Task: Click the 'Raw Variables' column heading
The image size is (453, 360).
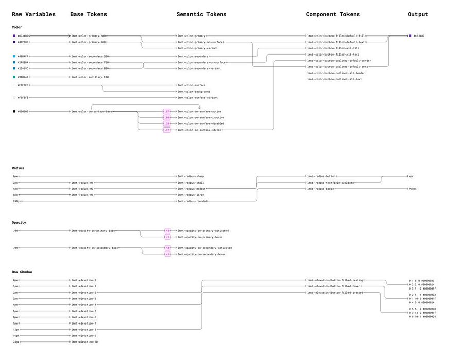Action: point(33,14)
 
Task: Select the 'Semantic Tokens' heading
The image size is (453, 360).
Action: point(201,14)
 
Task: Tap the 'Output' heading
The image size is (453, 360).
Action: point(417,14)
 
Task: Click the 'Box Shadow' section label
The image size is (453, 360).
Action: point(22,272)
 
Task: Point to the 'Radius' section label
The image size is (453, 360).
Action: point(18,168)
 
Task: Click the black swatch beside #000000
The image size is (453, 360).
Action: point(14,111)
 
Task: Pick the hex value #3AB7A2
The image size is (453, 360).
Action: point(23,77)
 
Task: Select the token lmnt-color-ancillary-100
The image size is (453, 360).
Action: point(90,77)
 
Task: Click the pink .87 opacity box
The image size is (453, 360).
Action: point(167,111)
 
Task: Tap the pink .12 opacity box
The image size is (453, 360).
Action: point(167,130)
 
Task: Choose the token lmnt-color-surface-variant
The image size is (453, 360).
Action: point(197,97)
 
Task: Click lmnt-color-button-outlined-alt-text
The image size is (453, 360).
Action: point(335,79)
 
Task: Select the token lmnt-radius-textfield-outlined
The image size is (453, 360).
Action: point(330,183)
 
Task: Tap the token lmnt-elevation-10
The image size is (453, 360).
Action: point(84,342)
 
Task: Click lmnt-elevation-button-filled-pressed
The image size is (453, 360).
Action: point(335,293)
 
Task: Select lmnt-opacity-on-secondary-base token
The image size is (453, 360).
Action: point(95,248)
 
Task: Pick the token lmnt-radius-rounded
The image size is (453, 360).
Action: point(192,201)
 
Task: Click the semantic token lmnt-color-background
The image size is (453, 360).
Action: point(194,92)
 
